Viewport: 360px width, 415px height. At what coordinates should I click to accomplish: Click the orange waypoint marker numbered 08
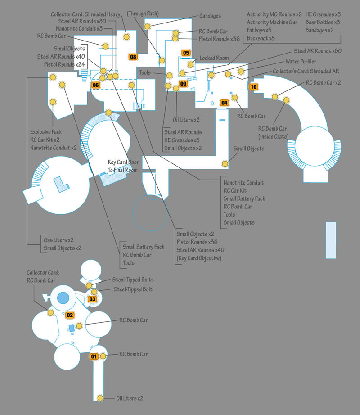(x=133, y=57)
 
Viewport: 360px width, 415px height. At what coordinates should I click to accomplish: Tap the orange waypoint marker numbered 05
(x=186, y=53)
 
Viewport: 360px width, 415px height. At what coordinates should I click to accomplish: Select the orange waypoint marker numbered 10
(x=253, y=87)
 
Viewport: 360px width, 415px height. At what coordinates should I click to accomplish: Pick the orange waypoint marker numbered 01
(x=94, y=356)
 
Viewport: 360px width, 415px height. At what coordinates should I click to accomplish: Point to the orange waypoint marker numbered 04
(x=224, y=103)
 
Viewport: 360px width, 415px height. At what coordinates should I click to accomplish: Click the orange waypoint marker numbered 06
(x=95, y=85)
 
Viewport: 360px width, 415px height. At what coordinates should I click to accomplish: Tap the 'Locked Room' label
(x=214, y=58)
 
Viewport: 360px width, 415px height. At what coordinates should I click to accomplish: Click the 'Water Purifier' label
(x=301, y=61)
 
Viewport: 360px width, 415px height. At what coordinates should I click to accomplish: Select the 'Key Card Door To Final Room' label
(x=123, y=166)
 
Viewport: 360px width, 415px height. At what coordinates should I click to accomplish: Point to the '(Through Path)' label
(x=143, y=14)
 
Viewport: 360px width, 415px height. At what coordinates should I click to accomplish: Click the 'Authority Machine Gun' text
(x=272, y=22)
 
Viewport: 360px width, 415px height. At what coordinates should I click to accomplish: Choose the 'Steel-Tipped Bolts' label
(x=133, y=280)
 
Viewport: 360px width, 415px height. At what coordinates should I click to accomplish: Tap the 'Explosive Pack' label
(x=46, y=132)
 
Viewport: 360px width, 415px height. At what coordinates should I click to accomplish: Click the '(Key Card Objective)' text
(x=199, y=258)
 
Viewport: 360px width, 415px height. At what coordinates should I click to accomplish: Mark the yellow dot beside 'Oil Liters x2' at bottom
(x=100, y=398)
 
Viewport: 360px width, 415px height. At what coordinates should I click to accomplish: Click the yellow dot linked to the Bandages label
(x=147, y=26)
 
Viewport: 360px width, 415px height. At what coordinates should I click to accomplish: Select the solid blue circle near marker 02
(x=63, y=298)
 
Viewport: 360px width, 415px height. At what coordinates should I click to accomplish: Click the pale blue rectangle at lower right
(x=331, y=240)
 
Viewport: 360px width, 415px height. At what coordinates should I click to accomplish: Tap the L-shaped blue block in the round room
(x=61, y=184)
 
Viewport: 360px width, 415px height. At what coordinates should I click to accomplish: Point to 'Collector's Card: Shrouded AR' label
(x=306, y=71)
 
